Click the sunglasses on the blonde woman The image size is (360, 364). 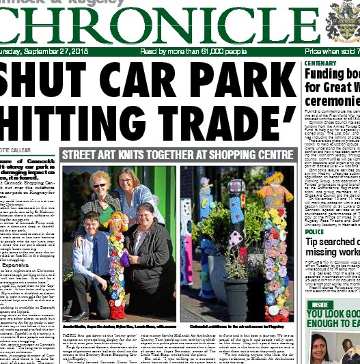click(x=100, y=185)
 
